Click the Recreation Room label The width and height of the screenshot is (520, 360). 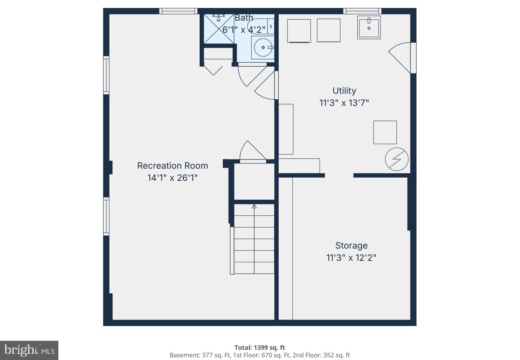(172, 166)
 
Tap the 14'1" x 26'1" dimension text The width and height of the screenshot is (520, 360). (172, 178)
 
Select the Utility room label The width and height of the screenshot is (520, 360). (344, 91)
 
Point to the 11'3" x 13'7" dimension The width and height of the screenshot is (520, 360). (344, 103)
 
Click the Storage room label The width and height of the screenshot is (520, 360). (351, 245)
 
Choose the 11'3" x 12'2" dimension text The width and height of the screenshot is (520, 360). (351, 258)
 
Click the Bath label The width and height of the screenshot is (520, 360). (244, 18)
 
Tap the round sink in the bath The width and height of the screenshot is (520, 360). (263, 47)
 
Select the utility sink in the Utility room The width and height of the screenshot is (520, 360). (369, 27)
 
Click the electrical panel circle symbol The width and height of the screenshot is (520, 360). (397, 159)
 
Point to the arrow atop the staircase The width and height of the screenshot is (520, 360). (254, 206)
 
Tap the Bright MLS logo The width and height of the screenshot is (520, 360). (29, 350)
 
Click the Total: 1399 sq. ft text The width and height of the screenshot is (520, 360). (259, 347)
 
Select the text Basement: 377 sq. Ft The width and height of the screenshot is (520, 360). (200, 355)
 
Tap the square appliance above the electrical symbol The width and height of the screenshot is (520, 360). (385, 132)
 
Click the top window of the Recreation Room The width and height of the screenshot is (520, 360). (178, 11)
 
